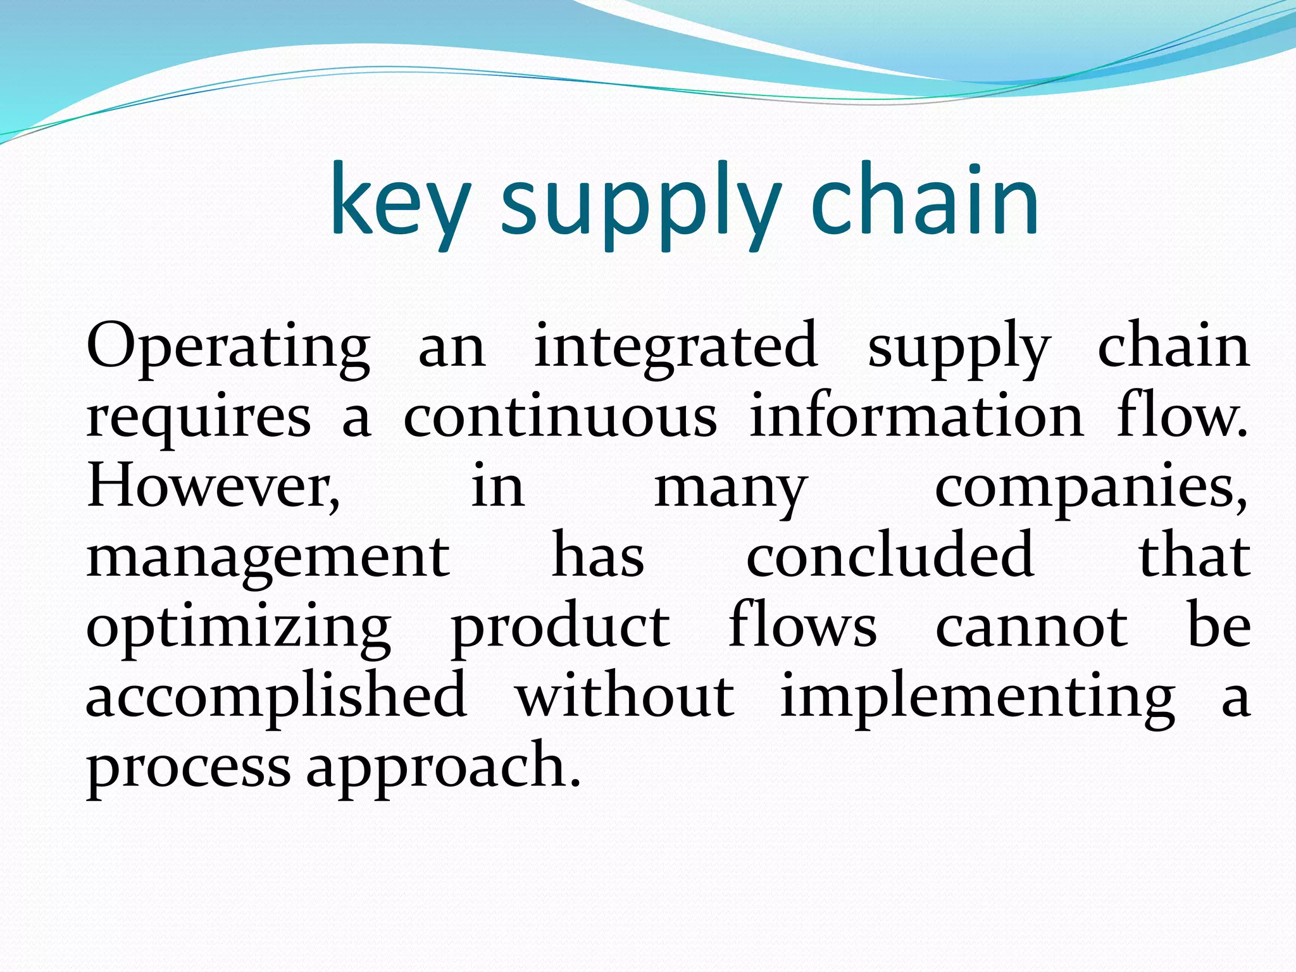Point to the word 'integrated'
click(x=675, y=347)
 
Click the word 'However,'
click(x=214, y=487)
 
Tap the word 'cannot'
click(x=1031, y=628)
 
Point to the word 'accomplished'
click(x=277, y=697)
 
